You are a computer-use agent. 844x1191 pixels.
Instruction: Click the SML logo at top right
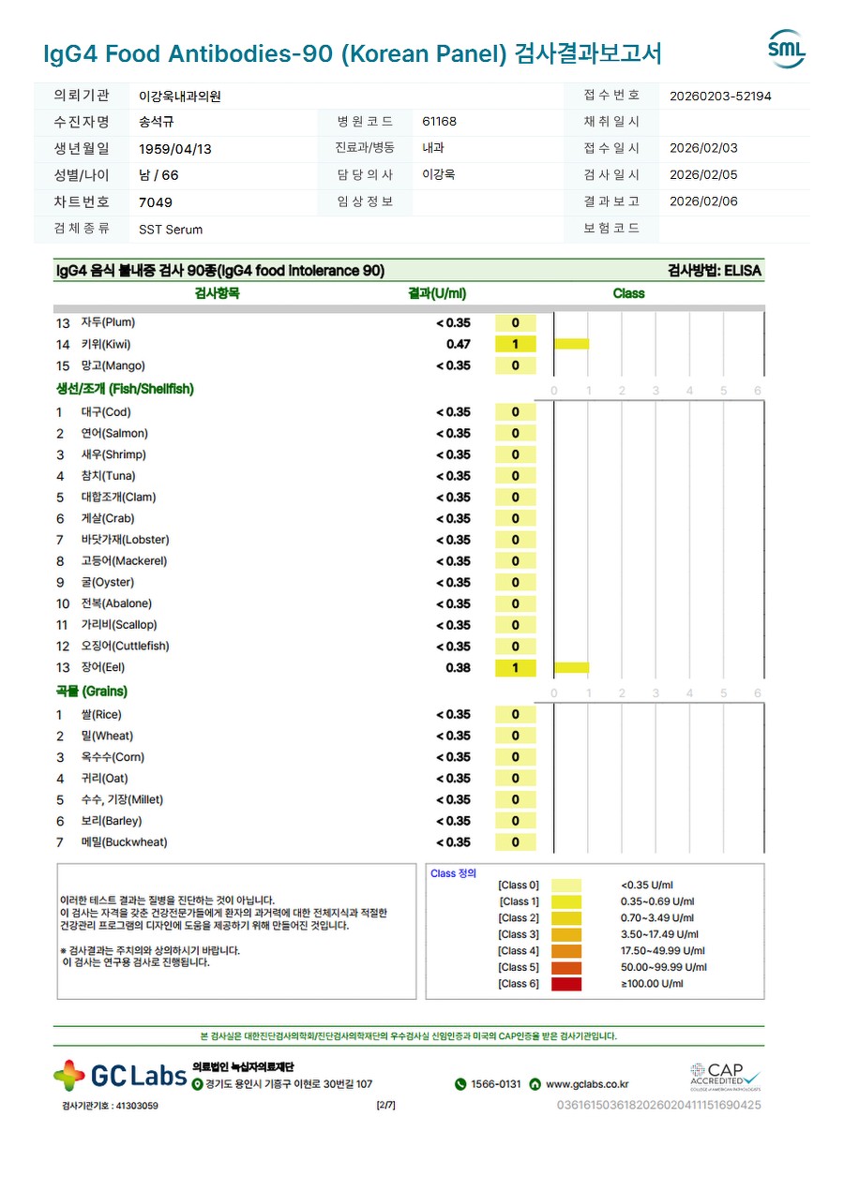[786, 50]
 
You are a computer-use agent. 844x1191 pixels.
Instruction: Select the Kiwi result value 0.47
[458, 344]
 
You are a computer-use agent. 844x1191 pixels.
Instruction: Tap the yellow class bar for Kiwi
[571, 344]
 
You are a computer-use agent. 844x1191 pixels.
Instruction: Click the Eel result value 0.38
[458, 668]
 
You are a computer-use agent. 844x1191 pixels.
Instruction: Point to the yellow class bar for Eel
[571, 667]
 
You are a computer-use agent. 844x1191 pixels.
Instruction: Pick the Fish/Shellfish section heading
[125, 389]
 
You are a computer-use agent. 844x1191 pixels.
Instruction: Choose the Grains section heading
[91, 692]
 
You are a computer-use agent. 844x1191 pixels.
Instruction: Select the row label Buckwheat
[124, 842]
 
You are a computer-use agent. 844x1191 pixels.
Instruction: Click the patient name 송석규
[157, 122]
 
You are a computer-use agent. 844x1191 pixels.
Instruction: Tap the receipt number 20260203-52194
[720, 96]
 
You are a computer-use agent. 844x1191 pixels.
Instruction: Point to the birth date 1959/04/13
[175, 149]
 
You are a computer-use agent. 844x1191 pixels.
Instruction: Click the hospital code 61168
[440, 122]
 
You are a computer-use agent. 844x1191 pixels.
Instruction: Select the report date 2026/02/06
[703, 201]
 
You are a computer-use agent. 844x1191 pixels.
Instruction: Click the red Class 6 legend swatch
[566, 984]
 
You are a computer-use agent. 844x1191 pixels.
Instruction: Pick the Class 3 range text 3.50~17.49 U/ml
[660, 934]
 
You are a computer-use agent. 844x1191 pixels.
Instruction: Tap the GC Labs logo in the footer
[120, 1076]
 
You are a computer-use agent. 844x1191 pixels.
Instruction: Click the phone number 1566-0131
[495, 1084]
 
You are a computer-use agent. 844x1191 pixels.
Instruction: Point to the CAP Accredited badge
[725, 1076]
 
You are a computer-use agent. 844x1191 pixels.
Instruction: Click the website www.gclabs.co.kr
[587, 1084]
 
